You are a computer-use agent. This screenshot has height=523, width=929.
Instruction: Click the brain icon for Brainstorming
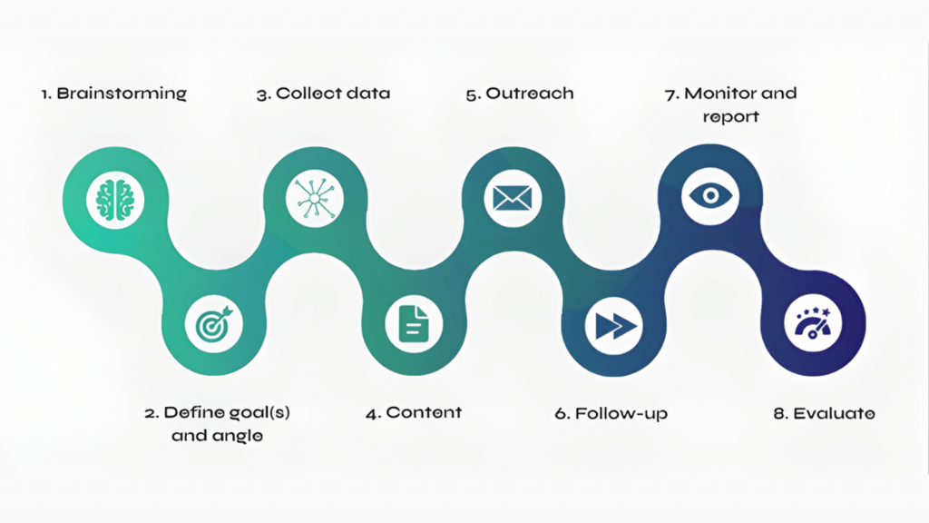point(116,197)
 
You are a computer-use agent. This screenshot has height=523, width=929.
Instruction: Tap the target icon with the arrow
point(214,324)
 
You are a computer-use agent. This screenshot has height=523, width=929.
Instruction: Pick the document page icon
point(414,324)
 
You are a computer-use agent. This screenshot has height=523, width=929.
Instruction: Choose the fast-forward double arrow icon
point(613,324)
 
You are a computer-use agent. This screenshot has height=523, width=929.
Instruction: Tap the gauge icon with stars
point(812,324)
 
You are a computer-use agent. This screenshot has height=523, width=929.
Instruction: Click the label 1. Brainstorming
point(114,93)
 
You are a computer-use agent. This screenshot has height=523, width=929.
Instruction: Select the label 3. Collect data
point(323,93)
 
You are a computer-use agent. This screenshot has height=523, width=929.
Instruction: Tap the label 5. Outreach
point(520,93)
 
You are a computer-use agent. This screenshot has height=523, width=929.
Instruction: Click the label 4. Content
point(414,412)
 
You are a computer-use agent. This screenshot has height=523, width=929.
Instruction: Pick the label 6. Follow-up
point(611,413)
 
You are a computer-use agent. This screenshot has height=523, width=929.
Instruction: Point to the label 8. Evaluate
point(824,413)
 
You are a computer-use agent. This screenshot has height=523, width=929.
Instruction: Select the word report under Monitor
point(730,116)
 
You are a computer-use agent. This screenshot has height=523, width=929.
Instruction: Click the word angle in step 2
point(240,436)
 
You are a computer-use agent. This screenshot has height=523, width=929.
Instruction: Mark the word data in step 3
point(372,93)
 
